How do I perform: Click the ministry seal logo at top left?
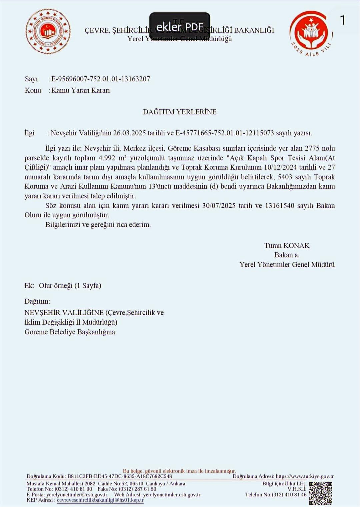pos(48,32)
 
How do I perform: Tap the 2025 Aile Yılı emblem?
pos(311,33)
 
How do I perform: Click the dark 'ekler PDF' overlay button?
pos(180,27)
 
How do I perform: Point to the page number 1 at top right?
pos(342,21)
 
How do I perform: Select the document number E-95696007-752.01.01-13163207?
pos(101,79)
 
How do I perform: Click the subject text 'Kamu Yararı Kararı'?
pos(80,90)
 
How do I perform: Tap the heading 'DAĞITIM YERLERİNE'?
pos(180,112)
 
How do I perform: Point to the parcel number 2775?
pos(312,148)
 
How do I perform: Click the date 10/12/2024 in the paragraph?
pos(280,167)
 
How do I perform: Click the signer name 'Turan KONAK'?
pos(287,246)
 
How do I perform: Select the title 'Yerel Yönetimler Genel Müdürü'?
pos(287,265)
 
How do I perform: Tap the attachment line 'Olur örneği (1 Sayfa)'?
pos(70,286)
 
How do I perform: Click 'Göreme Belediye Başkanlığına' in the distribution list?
pos(70,332)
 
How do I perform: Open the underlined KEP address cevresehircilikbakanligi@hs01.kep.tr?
pos(100,500)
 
